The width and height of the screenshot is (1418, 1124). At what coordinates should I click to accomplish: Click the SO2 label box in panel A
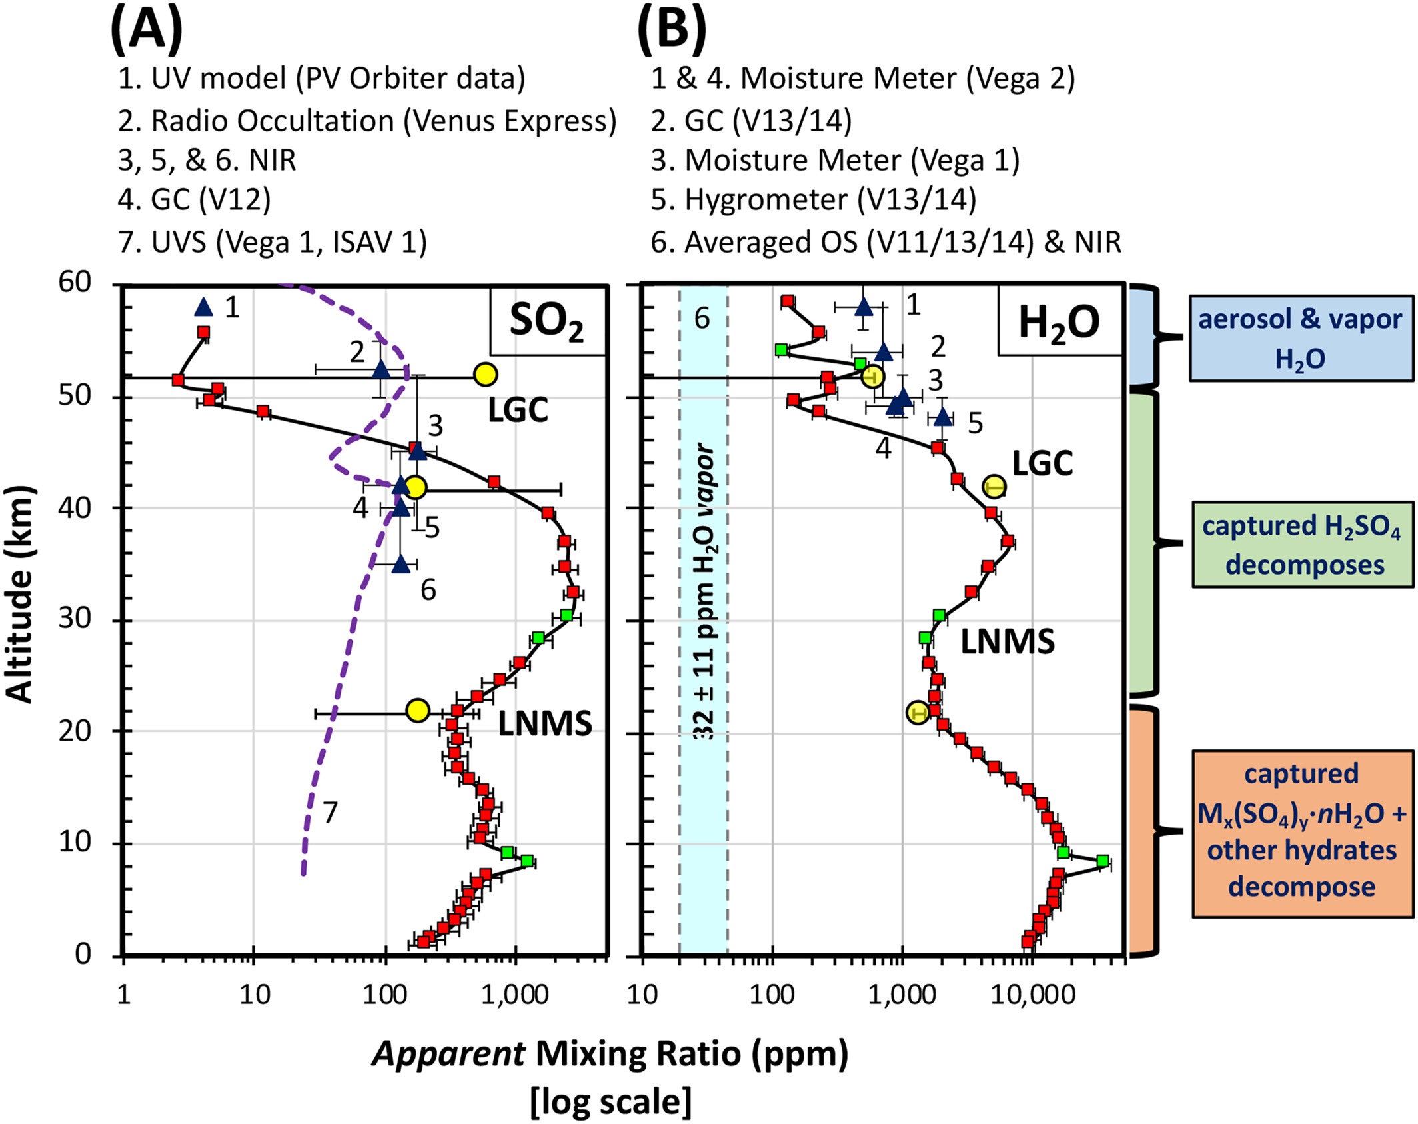click(x=548, y=321)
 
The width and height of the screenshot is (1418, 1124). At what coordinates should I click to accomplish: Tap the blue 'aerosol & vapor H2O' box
click(x=1300, y=339)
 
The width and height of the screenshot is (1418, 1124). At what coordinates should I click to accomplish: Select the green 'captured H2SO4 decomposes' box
click(x=1302, y=545)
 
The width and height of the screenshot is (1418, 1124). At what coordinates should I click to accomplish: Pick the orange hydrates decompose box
click(x=1302, y=833)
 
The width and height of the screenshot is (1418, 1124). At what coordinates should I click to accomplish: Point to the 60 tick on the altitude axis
click(x=74, y=283)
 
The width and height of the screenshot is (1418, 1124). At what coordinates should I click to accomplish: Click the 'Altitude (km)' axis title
click(x=20, y=593)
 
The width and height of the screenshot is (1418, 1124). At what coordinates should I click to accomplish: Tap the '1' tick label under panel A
click(x=123, y=995)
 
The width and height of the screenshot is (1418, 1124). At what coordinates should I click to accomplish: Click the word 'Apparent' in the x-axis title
click(x=448, y=1055)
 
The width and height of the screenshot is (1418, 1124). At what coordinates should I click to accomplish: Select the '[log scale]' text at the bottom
click(x=610, y=1101)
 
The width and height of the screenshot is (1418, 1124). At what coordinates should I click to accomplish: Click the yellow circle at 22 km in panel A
click(x=417, y=711)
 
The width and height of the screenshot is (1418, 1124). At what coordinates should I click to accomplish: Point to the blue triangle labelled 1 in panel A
click(x=203, y=307)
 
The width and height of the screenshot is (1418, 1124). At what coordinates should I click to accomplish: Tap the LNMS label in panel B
click(x=1007, y=642)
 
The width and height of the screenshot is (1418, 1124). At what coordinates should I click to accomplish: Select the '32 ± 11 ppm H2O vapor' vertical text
click(x=704, y=593)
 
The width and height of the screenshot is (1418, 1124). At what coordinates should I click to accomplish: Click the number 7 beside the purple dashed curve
click(x=330, y=813)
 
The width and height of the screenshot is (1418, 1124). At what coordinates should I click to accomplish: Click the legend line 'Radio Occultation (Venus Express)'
click(x=367, y=121)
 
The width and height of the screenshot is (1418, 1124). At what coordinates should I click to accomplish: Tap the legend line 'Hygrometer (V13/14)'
click(x=813, y=199)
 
